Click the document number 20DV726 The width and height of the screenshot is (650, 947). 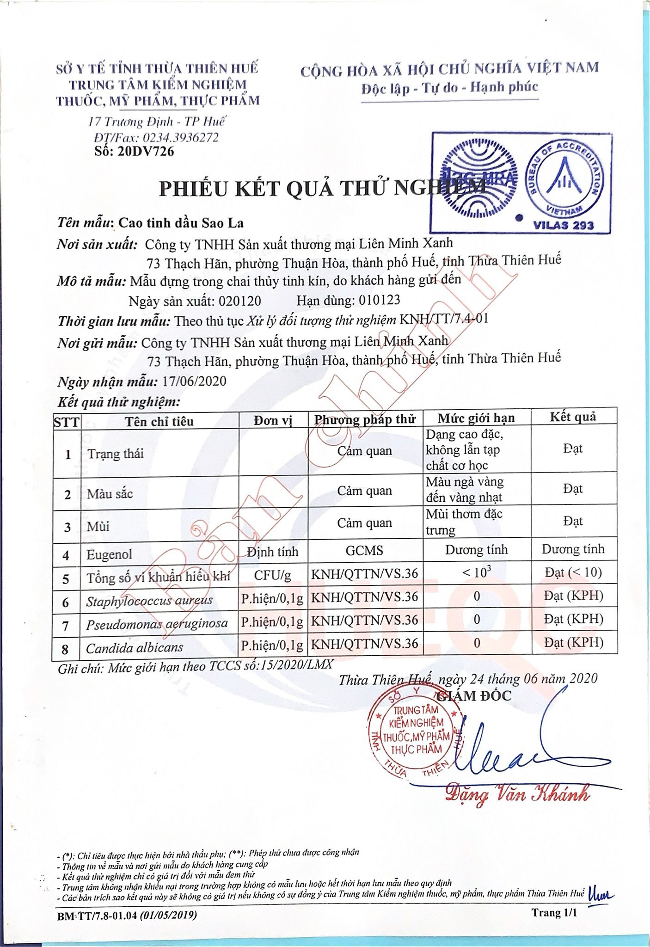146,151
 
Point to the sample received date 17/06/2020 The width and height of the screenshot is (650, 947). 195,381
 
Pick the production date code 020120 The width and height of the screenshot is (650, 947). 239,301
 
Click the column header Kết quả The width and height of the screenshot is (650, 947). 573,417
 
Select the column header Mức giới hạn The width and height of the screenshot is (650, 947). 476,418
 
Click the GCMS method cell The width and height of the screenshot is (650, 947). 365,550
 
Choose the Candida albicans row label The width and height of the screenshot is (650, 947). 134,647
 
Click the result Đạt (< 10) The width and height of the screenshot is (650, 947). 573,573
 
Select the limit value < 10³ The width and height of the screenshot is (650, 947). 476,573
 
